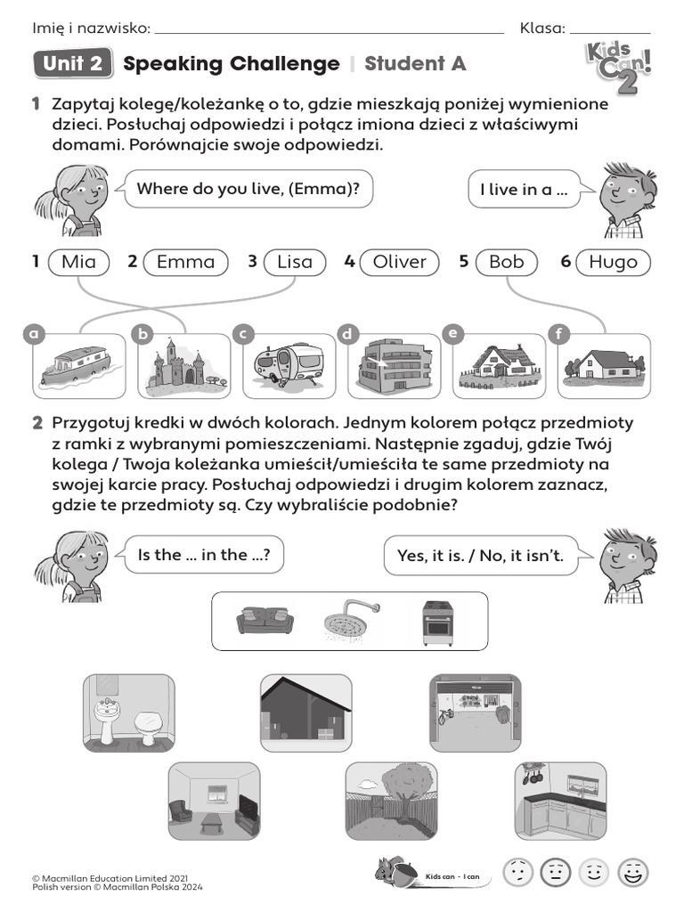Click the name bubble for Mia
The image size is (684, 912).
(78, 262)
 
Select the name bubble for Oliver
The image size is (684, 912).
(399, 262)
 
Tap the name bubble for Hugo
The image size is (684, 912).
(613, 262)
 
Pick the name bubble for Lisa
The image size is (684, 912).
(295, 262)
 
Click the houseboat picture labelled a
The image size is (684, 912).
(78, 365)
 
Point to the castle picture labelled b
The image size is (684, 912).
(184, 365)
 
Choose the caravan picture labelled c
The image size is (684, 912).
(289, 365)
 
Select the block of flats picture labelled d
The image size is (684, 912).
(395, 365)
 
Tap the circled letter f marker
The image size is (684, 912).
(559, 334)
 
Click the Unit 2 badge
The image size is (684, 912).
(73, 64)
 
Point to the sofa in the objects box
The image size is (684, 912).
(265, 620)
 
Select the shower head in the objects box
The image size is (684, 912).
(349, 622)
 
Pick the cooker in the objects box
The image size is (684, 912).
(436, 622)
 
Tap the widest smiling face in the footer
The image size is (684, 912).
(633, 873)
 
